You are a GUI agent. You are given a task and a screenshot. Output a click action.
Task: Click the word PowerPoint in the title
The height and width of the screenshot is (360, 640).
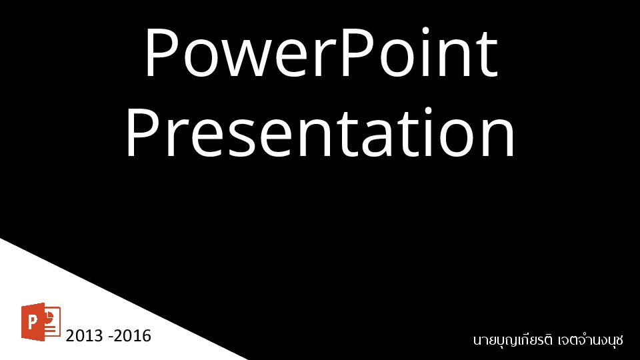[x=321, y=52]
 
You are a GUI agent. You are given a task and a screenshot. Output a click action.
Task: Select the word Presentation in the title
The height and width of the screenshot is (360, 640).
[x=321, y=131]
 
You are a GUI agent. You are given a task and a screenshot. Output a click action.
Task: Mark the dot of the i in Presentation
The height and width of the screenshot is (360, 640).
[x=428, y=111]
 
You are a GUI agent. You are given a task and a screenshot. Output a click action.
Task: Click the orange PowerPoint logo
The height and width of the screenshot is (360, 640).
[x=41, y=321]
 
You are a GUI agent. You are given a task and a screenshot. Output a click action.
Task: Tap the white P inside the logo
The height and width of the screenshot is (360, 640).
[x=31, y=323]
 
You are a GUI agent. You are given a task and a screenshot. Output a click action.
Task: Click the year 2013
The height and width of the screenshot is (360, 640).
[x=84, y=336]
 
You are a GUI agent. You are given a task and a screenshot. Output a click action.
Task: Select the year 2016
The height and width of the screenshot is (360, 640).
[x=133, y=336]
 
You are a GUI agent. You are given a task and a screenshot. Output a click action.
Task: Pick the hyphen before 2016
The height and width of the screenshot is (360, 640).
[x=111, y=337]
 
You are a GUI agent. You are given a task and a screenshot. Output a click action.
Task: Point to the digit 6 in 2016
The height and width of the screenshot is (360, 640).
[x=147, y=336]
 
